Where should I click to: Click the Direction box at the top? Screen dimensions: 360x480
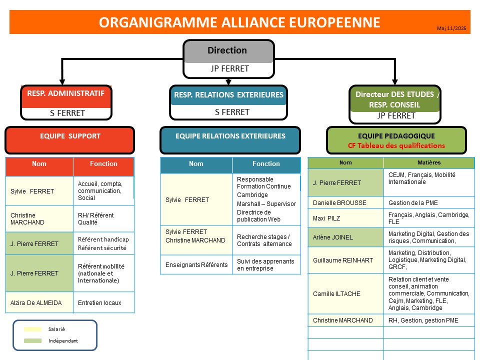pos(228,51)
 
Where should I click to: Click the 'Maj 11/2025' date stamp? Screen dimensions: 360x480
pos(451,28)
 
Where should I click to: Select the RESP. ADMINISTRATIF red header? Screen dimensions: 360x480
pos(66,93)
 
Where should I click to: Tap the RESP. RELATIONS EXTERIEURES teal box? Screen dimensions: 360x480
pos(228,95)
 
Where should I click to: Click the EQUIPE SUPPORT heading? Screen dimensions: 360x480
pos(70,136)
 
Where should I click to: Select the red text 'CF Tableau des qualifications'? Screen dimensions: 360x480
pos(396,146)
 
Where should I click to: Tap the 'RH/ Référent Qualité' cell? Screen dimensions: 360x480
pos(103,219)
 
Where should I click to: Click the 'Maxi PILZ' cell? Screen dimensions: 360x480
pos(326,218)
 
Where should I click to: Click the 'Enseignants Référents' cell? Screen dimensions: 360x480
pos(196,264)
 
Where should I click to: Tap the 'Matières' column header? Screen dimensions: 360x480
pos(428,162)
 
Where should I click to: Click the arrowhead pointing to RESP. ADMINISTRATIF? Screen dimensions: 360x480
pos(62,80)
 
